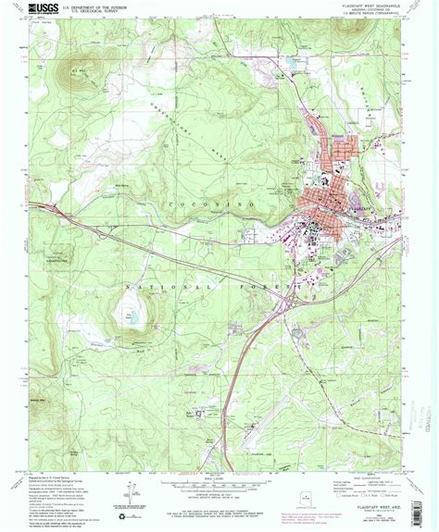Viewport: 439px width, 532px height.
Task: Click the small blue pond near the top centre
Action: (289, 63)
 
